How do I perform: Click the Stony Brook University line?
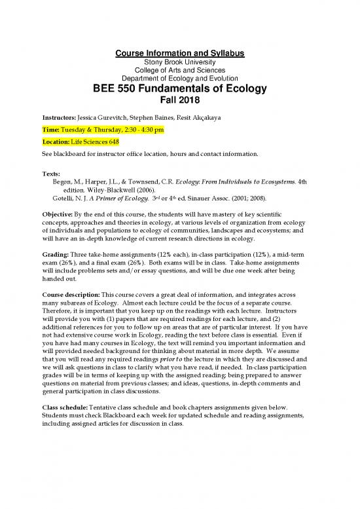[180, 62]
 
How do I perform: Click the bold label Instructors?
[58, 119]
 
